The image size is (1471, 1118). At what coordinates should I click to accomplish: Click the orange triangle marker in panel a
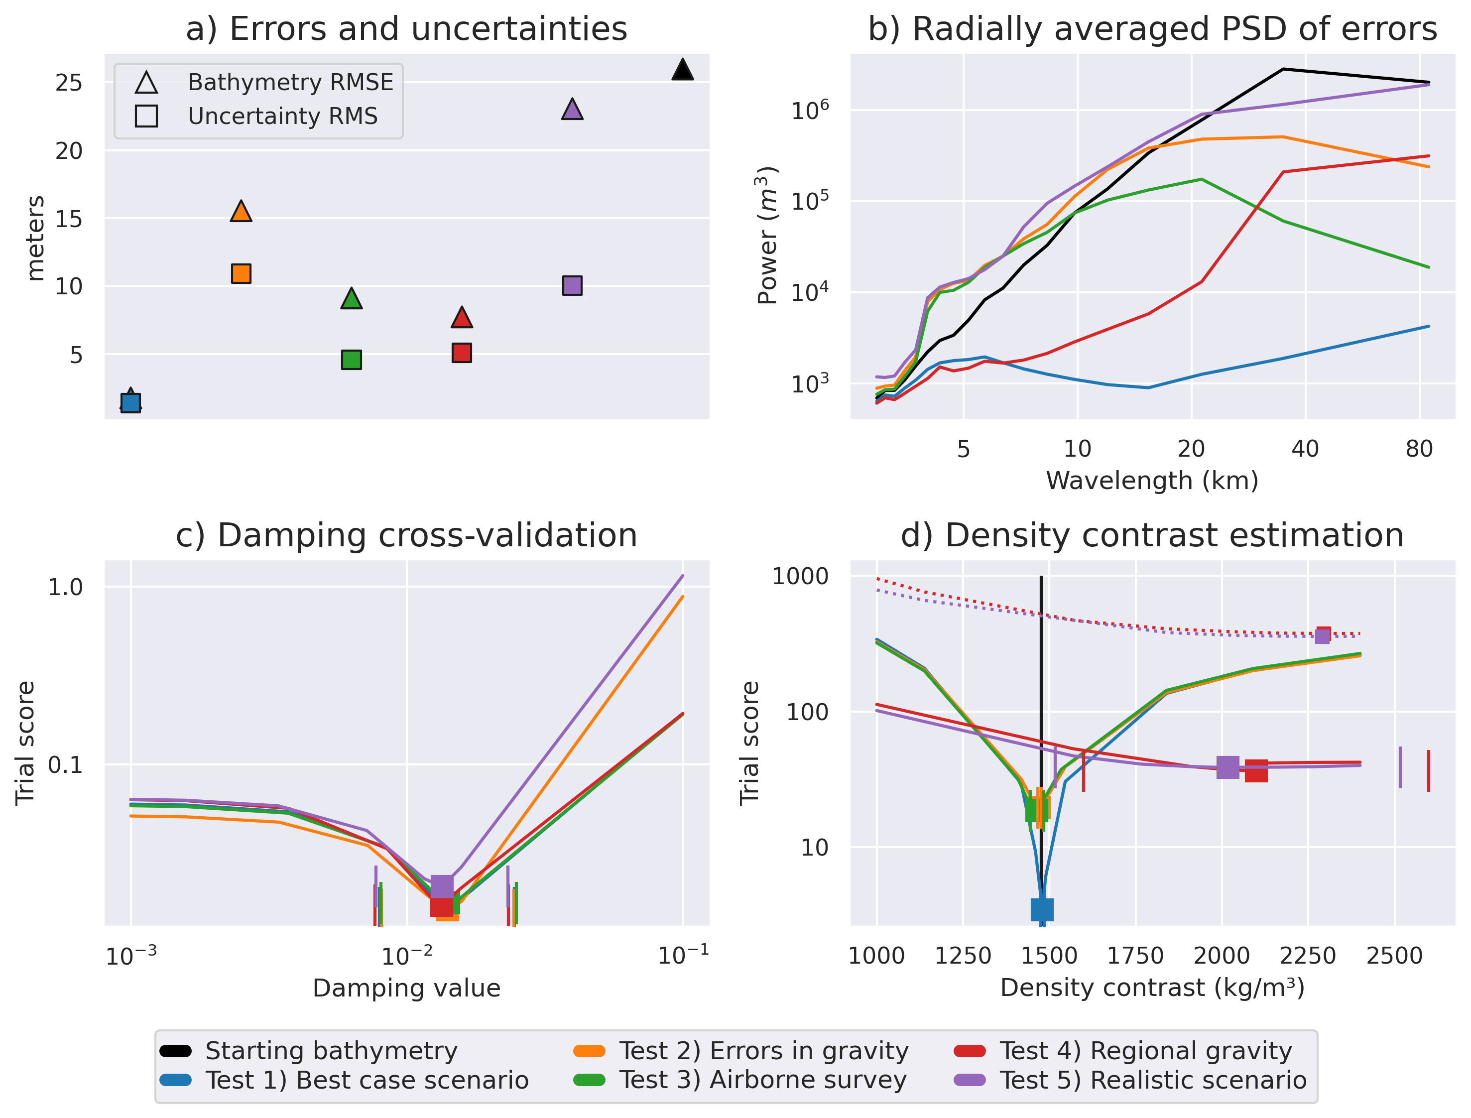pyautogui.click(x=241, y=212)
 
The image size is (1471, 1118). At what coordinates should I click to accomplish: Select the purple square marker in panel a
pyautogui.click(x=572, y=285)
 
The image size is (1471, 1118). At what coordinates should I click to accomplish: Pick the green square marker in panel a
pyautogui.click(x=351, y=360)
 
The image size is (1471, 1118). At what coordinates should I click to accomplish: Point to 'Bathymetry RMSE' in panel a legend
pyautogui.click(x=291, y=83)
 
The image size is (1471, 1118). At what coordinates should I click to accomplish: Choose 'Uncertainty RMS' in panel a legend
pyautogui.click(x=283, y=117)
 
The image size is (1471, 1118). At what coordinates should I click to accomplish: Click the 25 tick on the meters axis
pyautogui.click(x=69, y=83)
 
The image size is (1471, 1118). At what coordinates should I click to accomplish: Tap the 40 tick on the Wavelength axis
pyautogui.click(x=1305, y=449)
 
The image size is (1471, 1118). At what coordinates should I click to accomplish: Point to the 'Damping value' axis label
pyautogui.click(x=406, y=988)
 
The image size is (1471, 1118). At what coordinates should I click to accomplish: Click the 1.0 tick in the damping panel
pyautogui.click(x=65, y=587)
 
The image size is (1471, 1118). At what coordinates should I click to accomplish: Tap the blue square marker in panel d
pyautogui.click(x=1042, y=909)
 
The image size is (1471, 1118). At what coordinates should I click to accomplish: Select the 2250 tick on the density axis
pyautogui.click(x=1308, y=956)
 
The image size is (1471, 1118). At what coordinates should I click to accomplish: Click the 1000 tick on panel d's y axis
pyautogui.click(x=800, y=576)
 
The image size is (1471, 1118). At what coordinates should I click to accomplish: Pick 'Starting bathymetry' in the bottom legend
pyautogui.click(x=331, y=1051)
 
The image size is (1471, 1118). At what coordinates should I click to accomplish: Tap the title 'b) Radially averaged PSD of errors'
pyautogui.click(x=1152, y=29)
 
